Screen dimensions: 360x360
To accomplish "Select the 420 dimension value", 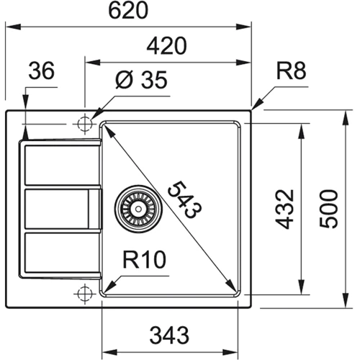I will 168,45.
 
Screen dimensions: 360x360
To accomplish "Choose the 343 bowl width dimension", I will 170,334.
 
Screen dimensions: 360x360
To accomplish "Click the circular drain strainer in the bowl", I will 132,208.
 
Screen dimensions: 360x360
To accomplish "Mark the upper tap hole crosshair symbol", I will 85,122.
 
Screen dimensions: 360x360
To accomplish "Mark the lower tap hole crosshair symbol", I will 85,294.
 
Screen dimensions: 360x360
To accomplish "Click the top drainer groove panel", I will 60,165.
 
